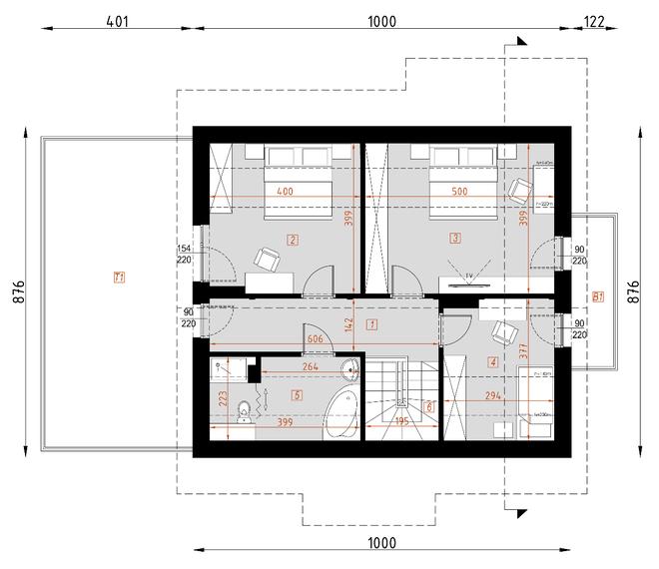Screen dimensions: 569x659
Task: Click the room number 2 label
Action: [293, 240]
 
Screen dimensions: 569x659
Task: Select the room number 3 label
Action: [455, 240]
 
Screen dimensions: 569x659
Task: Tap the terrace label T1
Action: [119, 277]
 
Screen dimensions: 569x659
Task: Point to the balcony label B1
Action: [597, 296]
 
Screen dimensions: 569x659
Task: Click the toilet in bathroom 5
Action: [245, 409]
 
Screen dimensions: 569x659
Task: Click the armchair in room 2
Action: [267, 260]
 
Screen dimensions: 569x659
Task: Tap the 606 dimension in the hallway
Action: [314, 340]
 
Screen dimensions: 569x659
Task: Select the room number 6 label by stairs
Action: [429, 406]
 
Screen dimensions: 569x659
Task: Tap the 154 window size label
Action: [184, 249]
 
